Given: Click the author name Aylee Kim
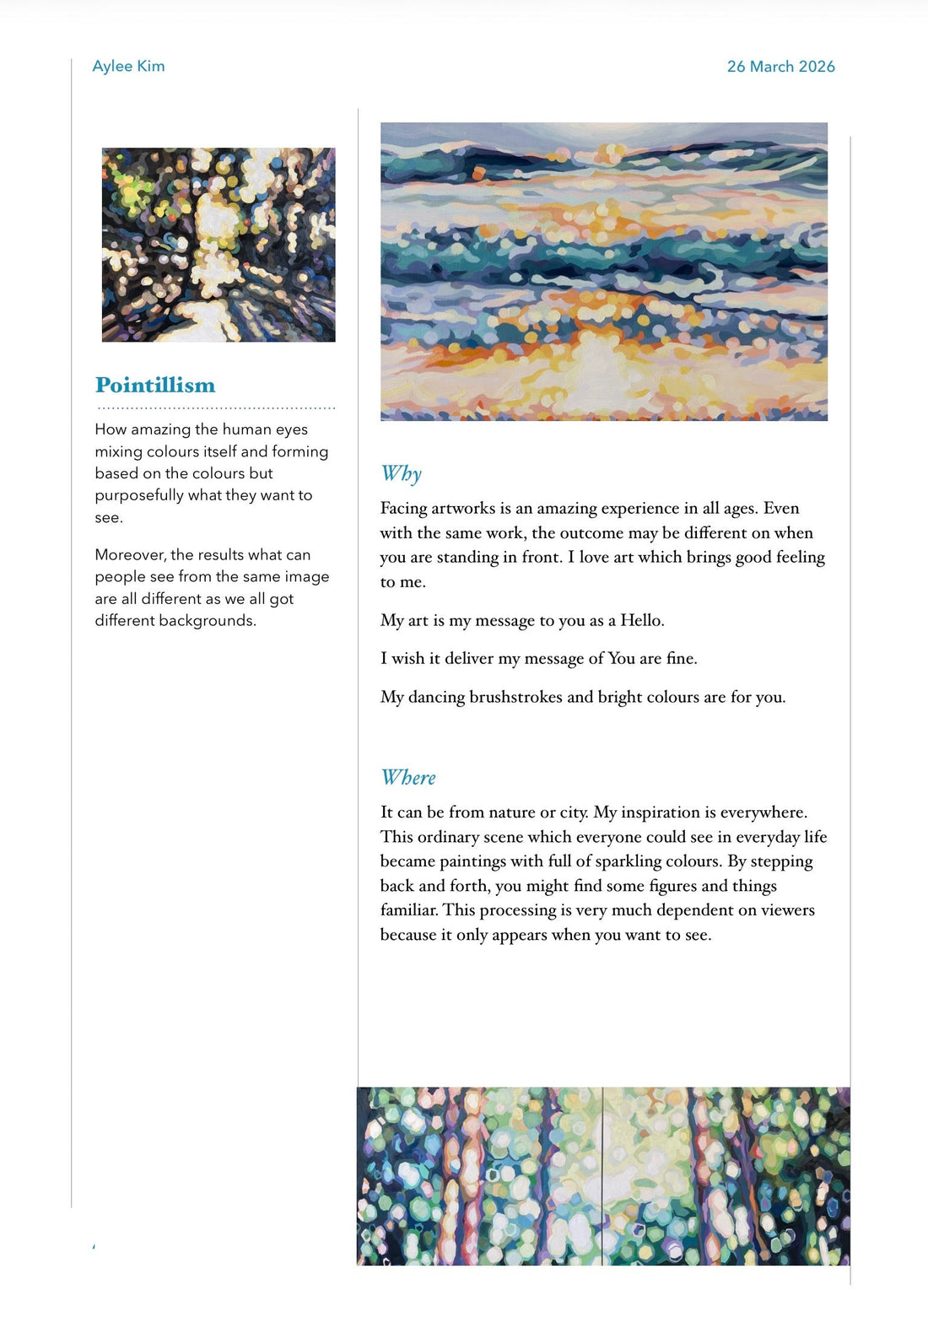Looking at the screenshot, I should [x=128, y=66].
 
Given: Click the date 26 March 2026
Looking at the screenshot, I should [x=780, y=66].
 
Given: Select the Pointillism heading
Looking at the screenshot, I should [x=155, y=385].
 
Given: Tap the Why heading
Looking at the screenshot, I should [x=401, y=473].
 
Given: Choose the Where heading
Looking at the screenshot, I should [x=408, y=777].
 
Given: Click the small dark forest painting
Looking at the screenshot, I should [x=219, y=245].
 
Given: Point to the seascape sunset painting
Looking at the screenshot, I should [x=603, y=271].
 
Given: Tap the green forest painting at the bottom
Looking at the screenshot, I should [x=603, y=1176].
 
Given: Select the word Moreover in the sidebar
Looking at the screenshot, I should [x=130, y=554].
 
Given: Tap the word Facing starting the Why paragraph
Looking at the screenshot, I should [x=403, y=509].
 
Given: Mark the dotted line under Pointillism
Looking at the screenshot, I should [x=216, y=408].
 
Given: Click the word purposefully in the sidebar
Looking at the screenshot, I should [x=138, y=495].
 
